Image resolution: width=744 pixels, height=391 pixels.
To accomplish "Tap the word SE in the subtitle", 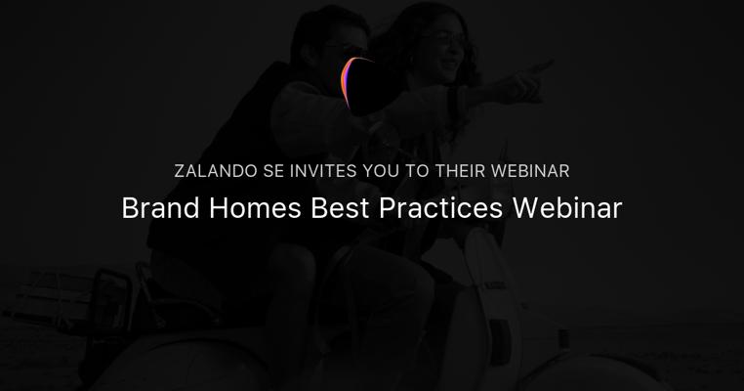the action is coord(273,171).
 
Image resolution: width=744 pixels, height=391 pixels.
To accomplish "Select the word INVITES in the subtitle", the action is coord(322,171).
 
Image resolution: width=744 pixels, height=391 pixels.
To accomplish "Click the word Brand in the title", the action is coord(160,208).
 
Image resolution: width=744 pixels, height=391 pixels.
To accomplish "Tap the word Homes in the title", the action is coord(255,208).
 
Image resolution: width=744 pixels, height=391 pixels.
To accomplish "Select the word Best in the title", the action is coord(340,208).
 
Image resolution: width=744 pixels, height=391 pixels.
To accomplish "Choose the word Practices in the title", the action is coord(440,208).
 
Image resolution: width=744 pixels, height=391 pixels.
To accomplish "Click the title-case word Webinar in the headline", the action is coord(567,208).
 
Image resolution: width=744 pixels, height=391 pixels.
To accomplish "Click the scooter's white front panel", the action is coord(489,304).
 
